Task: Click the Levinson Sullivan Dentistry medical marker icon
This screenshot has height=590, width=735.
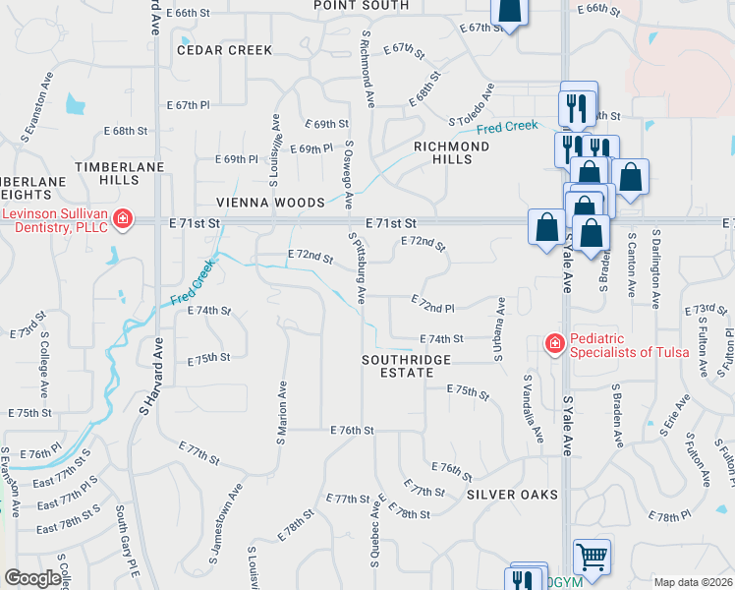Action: click(x=123, y=217)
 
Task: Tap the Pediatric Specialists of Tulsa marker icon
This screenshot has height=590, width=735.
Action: click(x=554, y=343)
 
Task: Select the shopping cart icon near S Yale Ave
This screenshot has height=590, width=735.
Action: click(x=592, y=558)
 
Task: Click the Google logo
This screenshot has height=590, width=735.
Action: click(x=31, y=578)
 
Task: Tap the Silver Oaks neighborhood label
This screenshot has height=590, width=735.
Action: click(x=512, y=494)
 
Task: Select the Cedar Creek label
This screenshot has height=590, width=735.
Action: click(x=223, y=49)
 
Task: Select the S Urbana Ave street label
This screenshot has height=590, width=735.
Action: click(x=500, y=328)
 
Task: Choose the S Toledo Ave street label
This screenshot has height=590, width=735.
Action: click(x=478, y=115)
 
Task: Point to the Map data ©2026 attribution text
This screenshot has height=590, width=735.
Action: click(x=693, y=582)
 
